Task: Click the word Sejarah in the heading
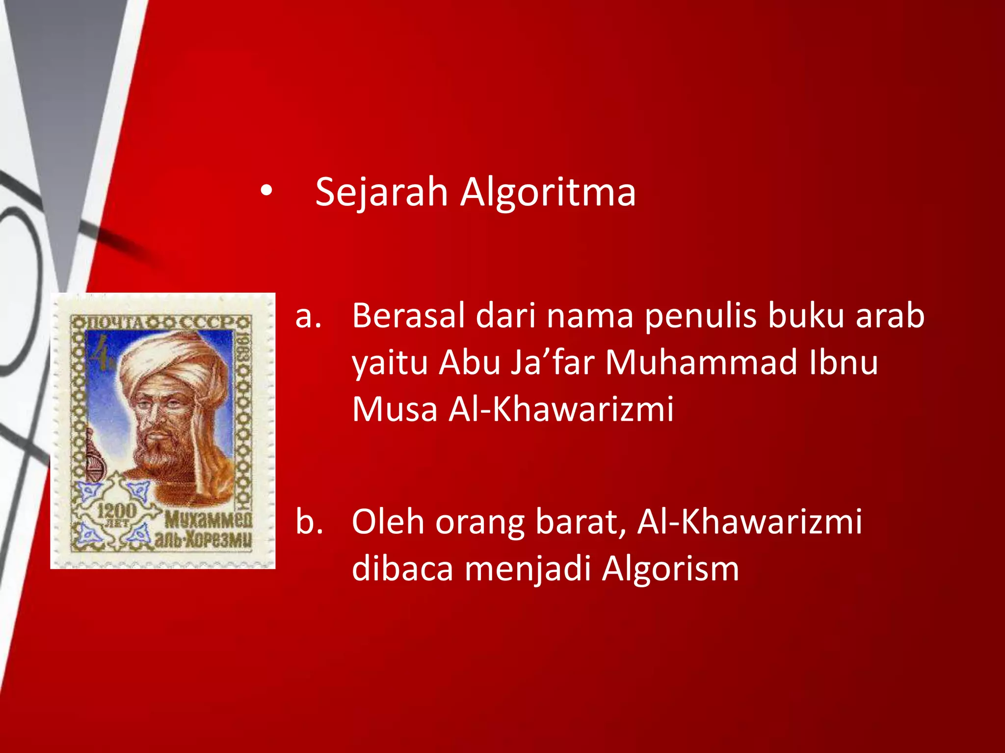point(381,192)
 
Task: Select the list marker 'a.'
point(308,316)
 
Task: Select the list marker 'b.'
point(309,522)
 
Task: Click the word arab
point(890,316)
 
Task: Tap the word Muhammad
point(701,363)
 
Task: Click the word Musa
point(395,409)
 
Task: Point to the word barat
point(580,523)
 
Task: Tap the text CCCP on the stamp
point(207,323)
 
